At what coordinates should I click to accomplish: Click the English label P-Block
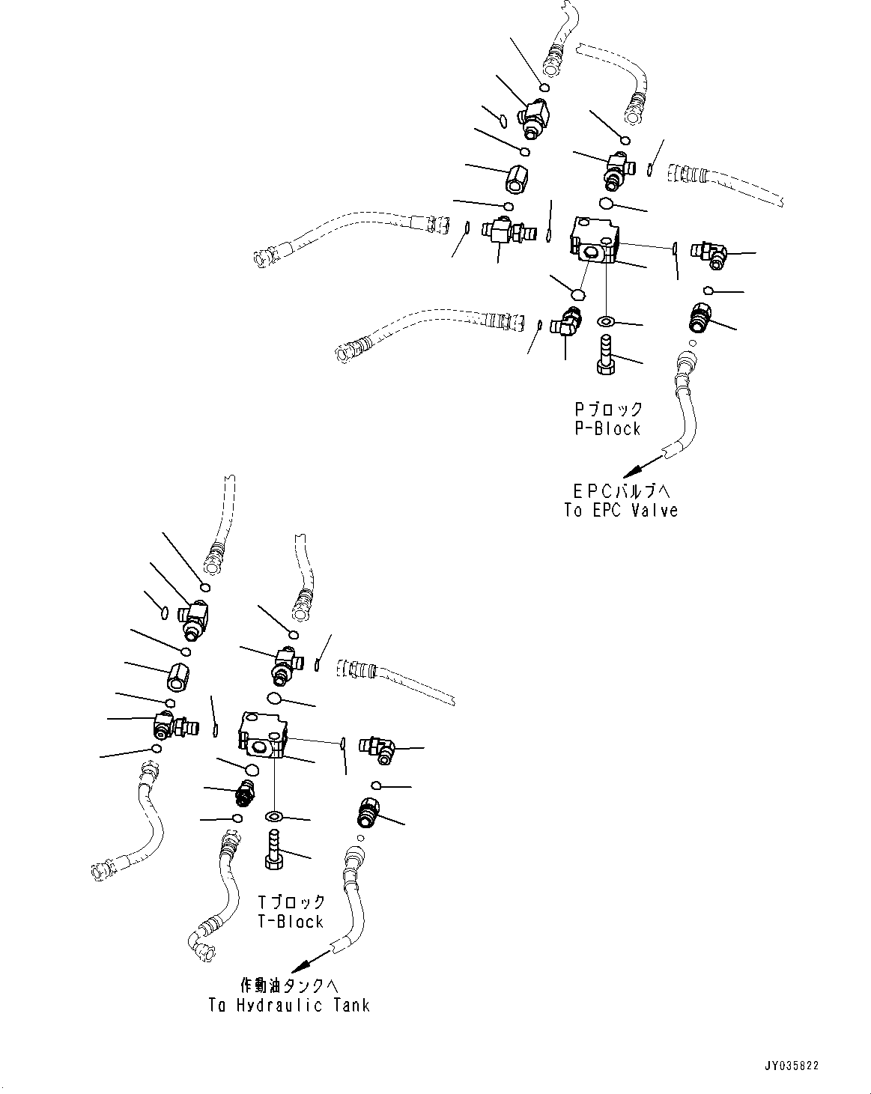(x=606, y=428)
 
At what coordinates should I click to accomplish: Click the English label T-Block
(x=290, y=922)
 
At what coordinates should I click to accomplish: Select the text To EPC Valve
(x=621, y=511)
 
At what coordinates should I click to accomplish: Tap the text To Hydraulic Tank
(x=289, y=1005)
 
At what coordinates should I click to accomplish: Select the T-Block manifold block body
(x=263, y=734)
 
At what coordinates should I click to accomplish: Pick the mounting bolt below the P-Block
(x=605, y=355)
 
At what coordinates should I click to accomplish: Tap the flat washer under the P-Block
(x=605, y=322)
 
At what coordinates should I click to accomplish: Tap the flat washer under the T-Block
(x=273, y=815)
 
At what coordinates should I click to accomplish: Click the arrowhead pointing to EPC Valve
(x=634, y=470)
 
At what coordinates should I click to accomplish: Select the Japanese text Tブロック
(x=291, y=902)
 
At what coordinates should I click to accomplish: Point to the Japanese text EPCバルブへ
(x=621, y=491)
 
